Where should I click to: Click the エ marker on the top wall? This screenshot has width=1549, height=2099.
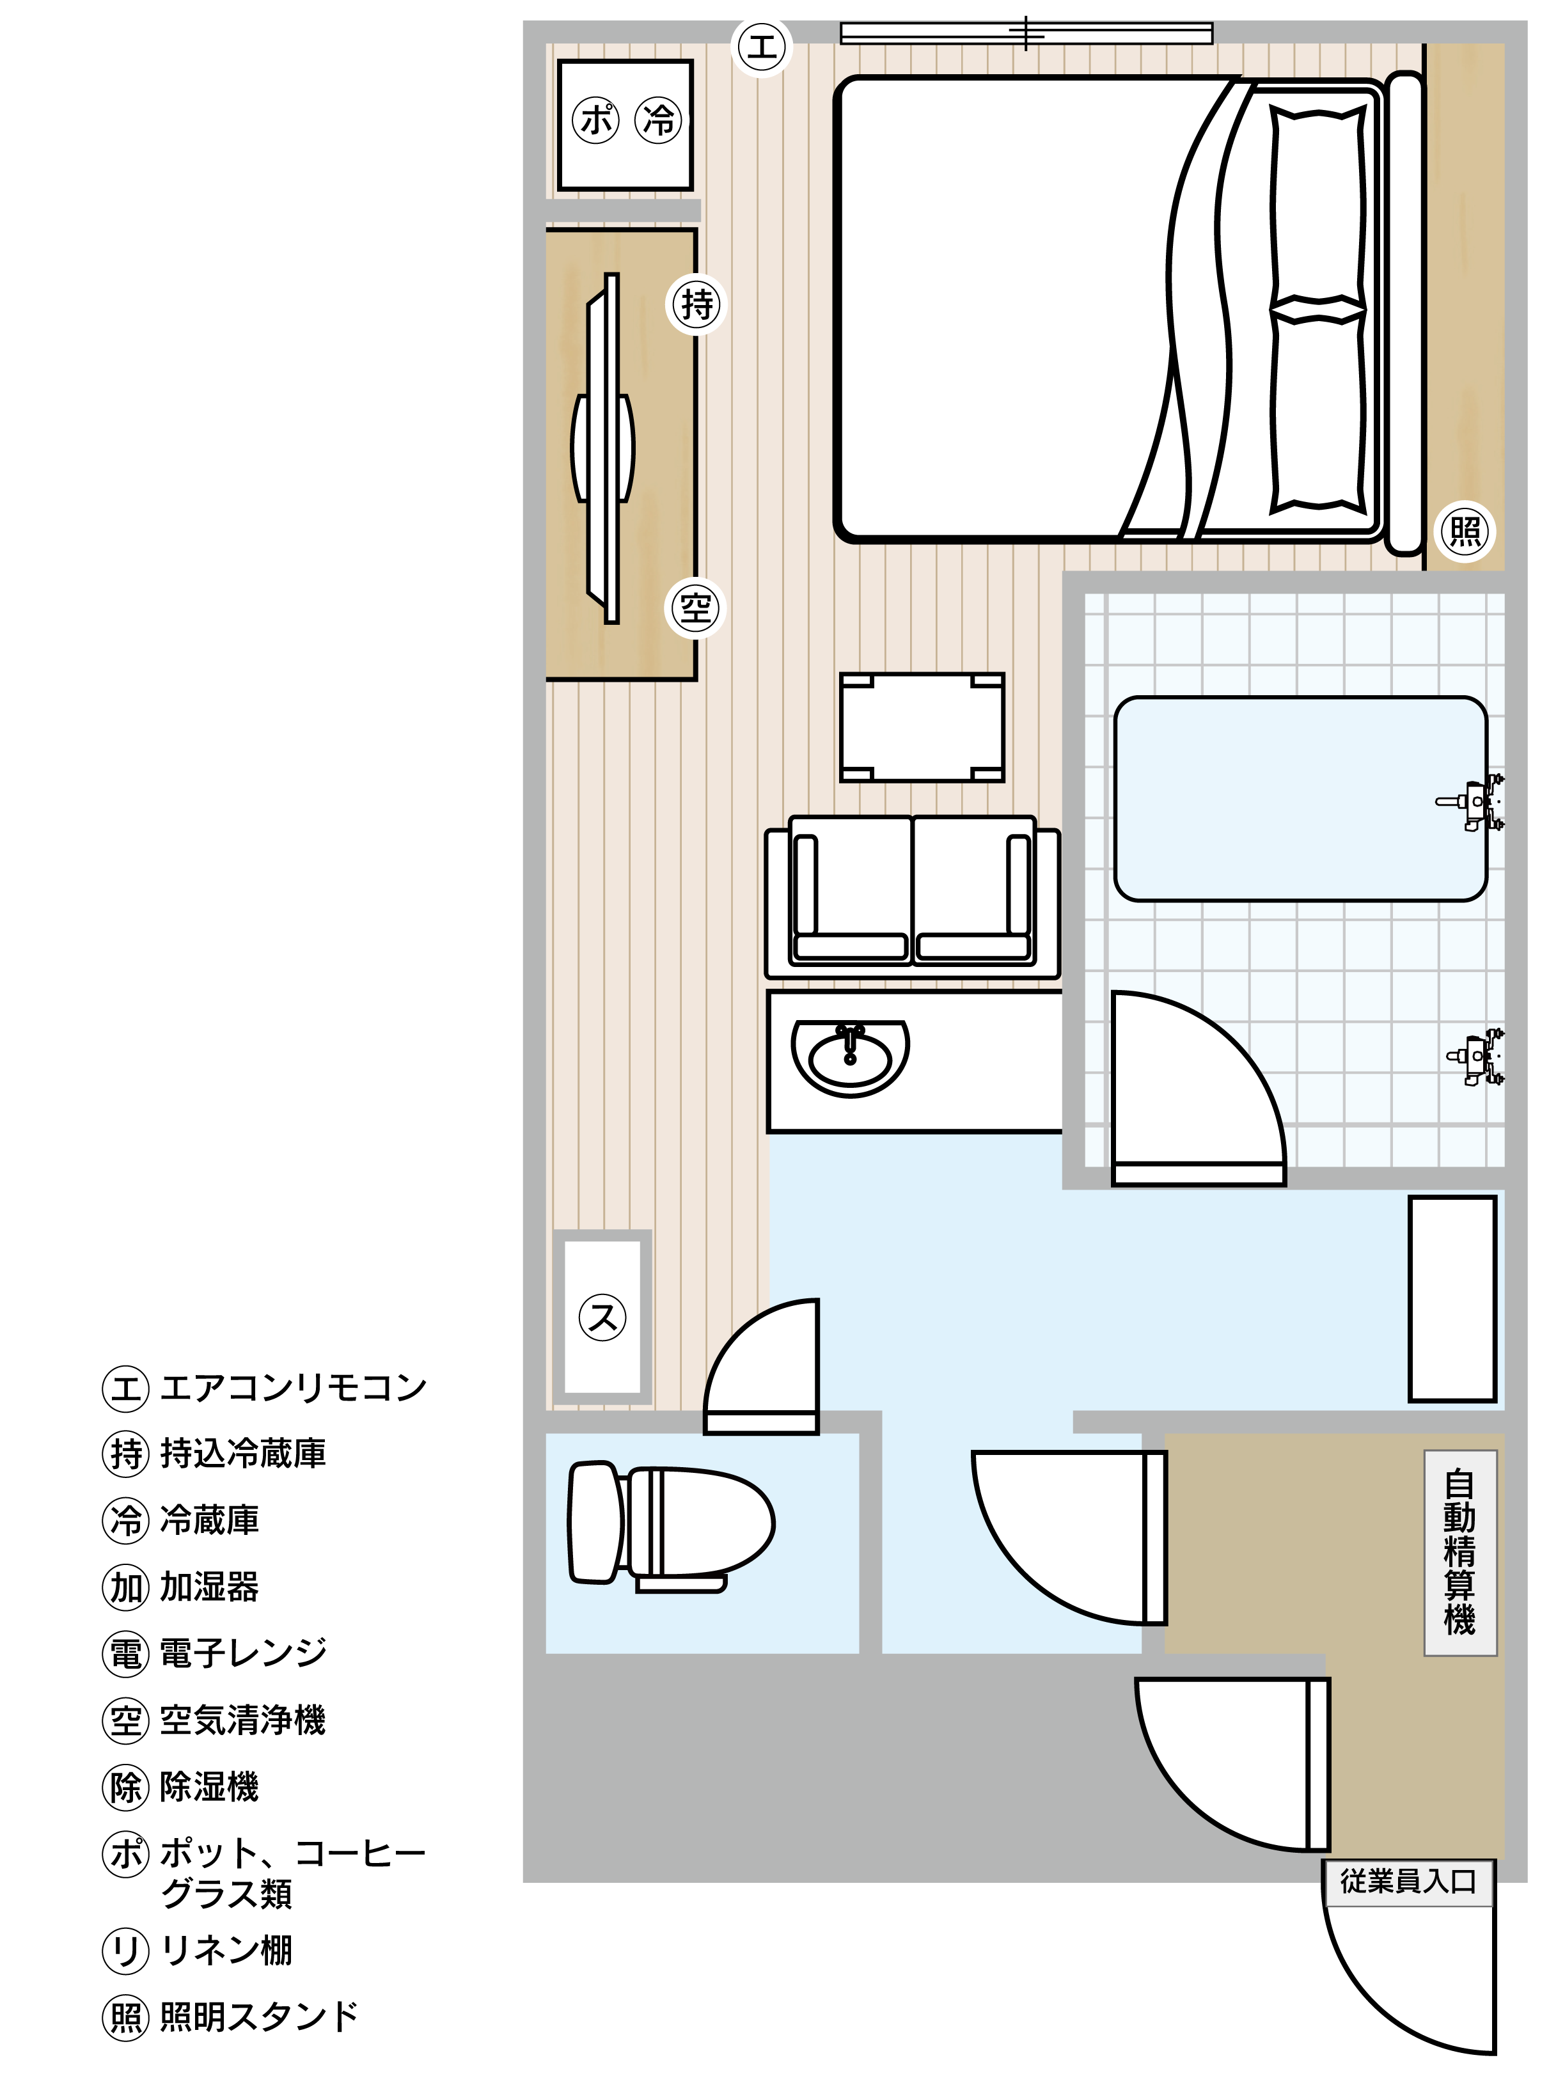(x=761, y=46)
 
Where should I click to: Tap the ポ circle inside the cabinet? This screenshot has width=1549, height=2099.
(x=595, y=120)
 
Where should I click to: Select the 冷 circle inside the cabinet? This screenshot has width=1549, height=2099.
(x=659, y=120)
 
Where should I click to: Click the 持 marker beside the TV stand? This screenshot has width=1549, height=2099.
(x=696, y=304)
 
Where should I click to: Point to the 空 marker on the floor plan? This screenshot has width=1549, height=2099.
(x=696, y=610)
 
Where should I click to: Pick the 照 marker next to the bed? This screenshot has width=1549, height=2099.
(x=1466, y=531)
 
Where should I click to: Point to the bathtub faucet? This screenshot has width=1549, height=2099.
(x=1470, y=803)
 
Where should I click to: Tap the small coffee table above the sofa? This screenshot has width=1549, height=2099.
(x=922, y=727)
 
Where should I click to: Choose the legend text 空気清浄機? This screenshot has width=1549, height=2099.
(x=243, y=1720)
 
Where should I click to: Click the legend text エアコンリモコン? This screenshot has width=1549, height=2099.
(x=294, y=1387)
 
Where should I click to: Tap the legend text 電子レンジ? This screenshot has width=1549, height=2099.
(x=243, y=1654)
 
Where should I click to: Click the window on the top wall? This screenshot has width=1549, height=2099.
(x=1026, y=34)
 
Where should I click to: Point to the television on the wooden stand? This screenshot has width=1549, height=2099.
(x=603, y=449)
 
